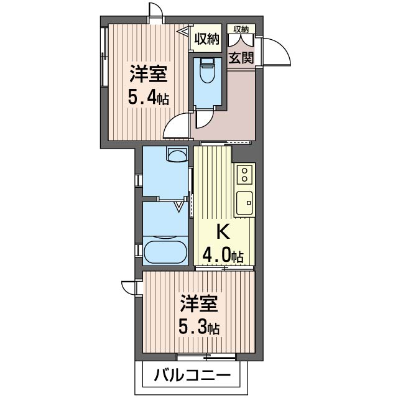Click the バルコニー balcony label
click(x=192, y=376)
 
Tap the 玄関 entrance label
click(x=240, y=60)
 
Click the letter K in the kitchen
click(x=223, y=231)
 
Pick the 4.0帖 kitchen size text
click(x=223, y=254)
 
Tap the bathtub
click(x=165, y=252)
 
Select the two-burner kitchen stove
click(x=245, y=174)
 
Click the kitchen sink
click(x=244, y=202)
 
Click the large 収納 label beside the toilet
click(x=206, y=39)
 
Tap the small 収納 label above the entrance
click(x=241, y=29)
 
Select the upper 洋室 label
click(x=148, y=74)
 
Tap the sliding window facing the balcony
click(x=206, y=357)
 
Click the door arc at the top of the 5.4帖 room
click(x=157, y=14)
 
